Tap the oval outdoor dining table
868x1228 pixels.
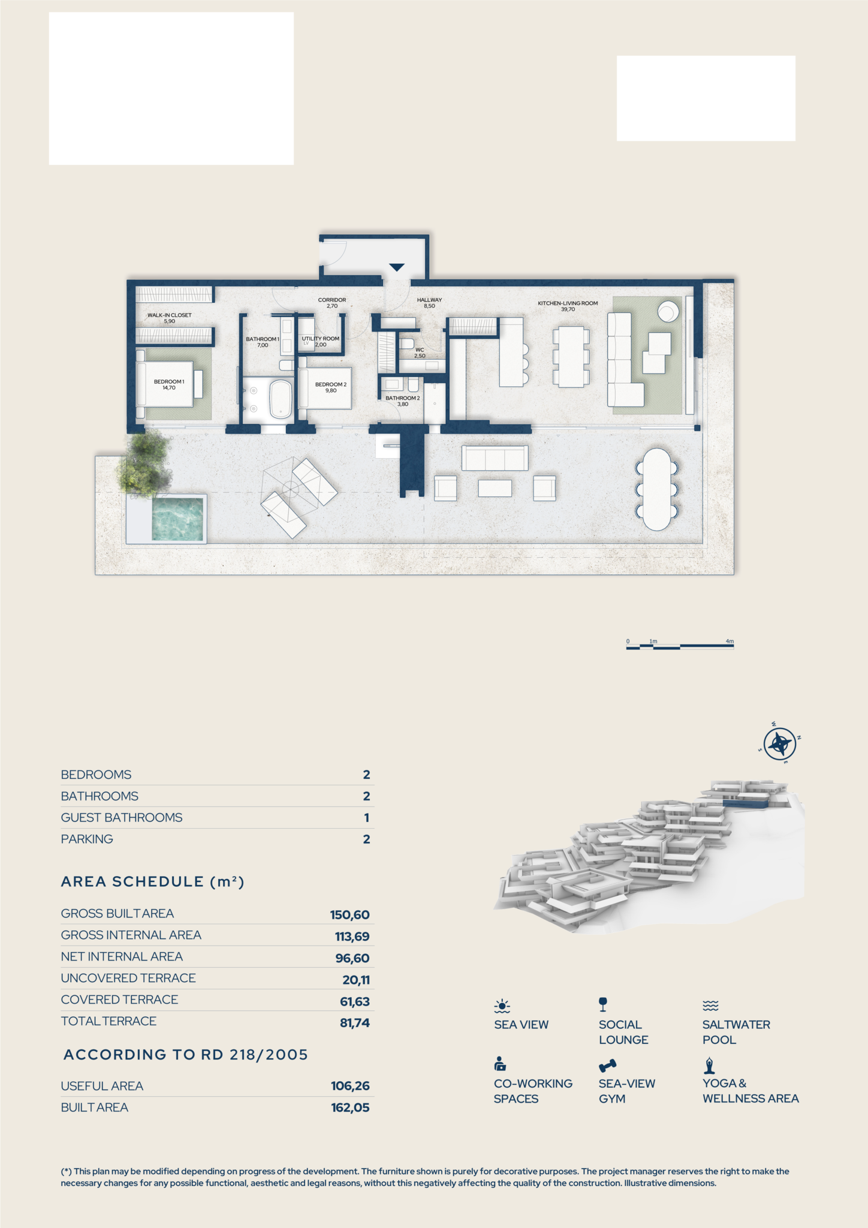coord(656,489)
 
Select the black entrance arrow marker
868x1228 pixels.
coord(397,267)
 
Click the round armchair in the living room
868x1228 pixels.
coord(668,311)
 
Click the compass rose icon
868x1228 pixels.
coord(780,744)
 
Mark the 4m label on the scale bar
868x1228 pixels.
coord(730,641)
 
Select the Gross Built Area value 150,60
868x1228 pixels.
coord(349,915)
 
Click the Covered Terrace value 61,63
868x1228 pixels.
coord(355,1001)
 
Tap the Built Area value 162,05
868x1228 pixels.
coord(350,1107)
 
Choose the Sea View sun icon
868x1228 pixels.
coord(502,1006)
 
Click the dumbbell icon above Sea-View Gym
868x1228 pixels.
coord(607,1066)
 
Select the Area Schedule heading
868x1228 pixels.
coord(153,881)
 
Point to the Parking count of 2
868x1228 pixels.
coord(366,839)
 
